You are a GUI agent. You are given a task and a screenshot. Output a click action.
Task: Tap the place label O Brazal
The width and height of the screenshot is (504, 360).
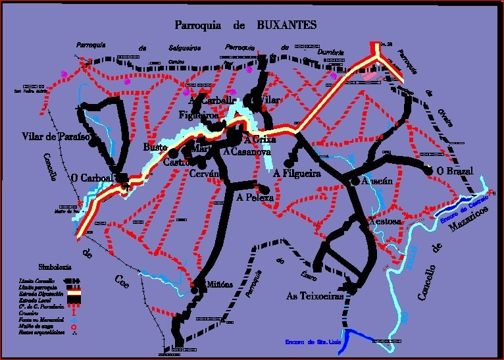[455, 171]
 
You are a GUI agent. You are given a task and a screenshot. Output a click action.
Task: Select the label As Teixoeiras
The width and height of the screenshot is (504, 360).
[315, 297]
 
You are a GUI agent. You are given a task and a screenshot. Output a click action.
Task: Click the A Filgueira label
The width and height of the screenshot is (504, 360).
[297, 174]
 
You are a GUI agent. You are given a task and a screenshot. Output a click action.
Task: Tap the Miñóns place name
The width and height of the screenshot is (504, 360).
[220, 284]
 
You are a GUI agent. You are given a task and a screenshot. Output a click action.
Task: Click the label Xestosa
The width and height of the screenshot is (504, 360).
[384, 221]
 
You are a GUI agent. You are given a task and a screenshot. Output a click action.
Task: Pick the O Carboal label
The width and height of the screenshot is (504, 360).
[92, 178]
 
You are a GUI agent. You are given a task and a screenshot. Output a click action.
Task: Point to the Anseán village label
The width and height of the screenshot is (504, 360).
[377, 180]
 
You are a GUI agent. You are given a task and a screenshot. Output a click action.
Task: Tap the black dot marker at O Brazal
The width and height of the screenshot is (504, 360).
[429, 171]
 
